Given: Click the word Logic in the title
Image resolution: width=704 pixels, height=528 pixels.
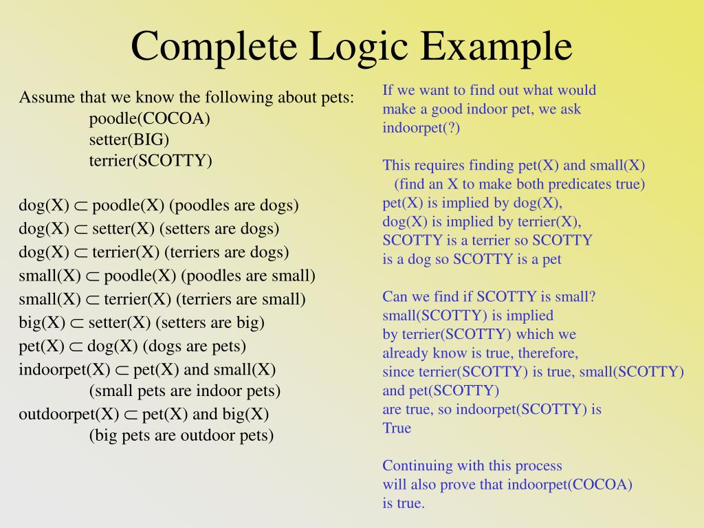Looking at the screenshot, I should [360, 46].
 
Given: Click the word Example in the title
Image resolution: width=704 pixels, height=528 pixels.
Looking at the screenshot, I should [497, 46].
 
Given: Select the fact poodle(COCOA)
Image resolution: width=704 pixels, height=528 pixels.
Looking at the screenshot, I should [149, 118].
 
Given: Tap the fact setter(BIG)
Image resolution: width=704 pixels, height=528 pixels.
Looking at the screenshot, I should [129, 140].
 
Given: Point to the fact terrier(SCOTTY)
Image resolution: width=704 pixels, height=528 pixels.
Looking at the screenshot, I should [151, 161].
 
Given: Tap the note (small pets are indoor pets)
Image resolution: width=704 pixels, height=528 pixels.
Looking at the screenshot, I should [185, 391].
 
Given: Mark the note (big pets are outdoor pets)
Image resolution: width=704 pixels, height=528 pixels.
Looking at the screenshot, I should [181, 435].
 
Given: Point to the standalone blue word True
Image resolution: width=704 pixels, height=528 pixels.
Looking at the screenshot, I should [397, 428].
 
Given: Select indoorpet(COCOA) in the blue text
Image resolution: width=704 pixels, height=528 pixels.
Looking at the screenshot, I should [570, 484].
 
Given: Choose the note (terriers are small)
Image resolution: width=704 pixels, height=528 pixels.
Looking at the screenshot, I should [241, 299].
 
